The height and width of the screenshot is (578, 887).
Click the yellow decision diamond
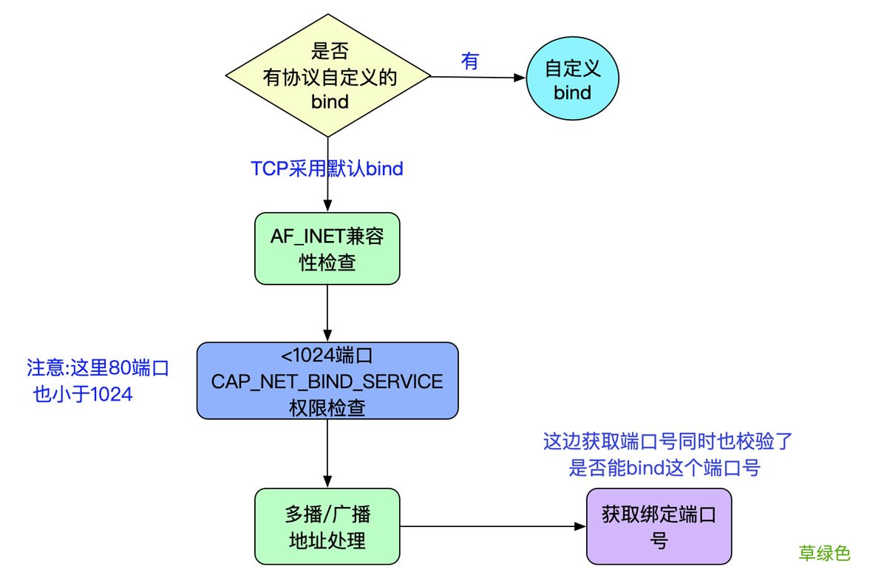click(x=327, y=78)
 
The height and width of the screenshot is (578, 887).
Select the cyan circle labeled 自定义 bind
click(x=572, y=81)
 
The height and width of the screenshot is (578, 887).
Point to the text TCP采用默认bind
click(x=327, y=169)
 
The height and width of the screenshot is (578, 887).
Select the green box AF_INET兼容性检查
click(x=327, y=248)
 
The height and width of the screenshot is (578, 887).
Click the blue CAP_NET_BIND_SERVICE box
click(x=327, y=381)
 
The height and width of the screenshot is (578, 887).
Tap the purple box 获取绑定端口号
click(x=659, y=526)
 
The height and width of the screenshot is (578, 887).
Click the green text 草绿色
click(x=824, y=553)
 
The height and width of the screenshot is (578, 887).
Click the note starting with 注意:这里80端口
click(x=98, y=368)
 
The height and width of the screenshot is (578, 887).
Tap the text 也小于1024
click(x=83, y=395)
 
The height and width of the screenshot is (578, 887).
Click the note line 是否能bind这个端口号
click(x=664, y=468)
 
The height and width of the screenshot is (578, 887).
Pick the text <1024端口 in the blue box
click(x=327, y=356)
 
